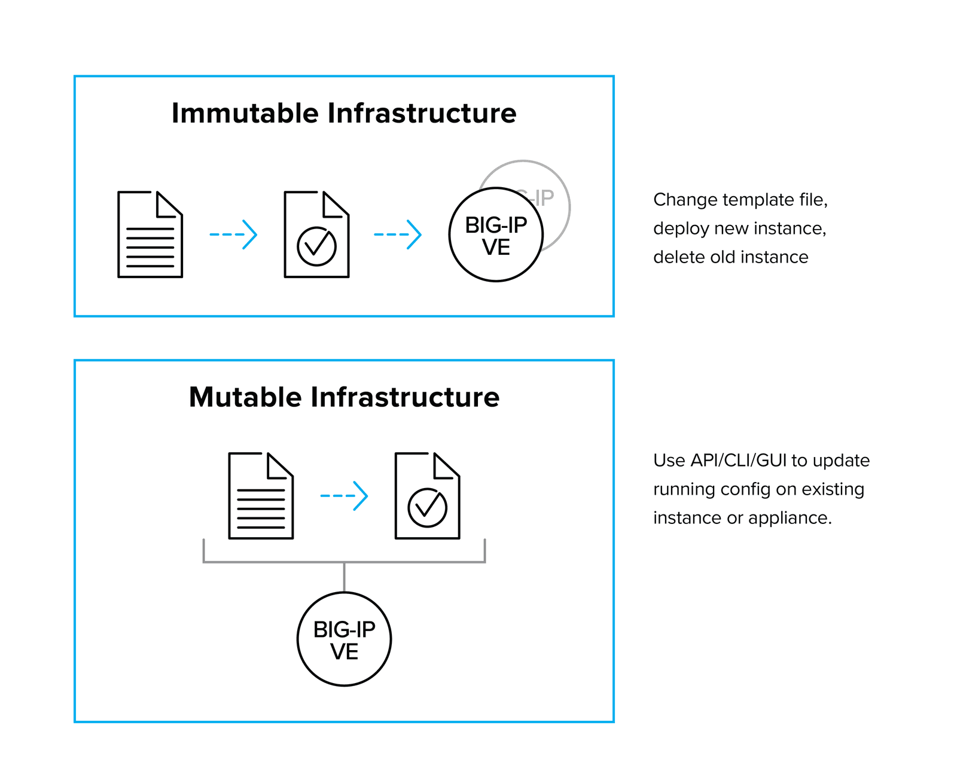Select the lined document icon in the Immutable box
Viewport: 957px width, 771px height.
[150, 234]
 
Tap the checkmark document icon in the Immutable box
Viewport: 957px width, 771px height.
[316, 234]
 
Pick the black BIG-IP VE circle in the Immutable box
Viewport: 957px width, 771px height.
[496, 235]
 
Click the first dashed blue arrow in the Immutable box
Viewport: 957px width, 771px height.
[233, 234]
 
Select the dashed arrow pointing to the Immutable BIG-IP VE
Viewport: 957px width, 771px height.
[398, 234]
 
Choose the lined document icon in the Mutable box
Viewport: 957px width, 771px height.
[261, 496]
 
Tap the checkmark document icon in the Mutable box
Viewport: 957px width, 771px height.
[427, 496]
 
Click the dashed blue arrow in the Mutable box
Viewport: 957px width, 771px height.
[344, 496]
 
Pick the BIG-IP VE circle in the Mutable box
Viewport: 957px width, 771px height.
[344, 639]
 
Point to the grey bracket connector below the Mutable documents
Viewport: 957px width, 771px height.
[344, 562]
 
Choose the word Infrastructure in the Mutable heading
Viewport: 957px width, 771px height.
[405, 397]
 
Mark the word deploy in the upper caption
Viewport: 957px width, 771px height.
[679, 228]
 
